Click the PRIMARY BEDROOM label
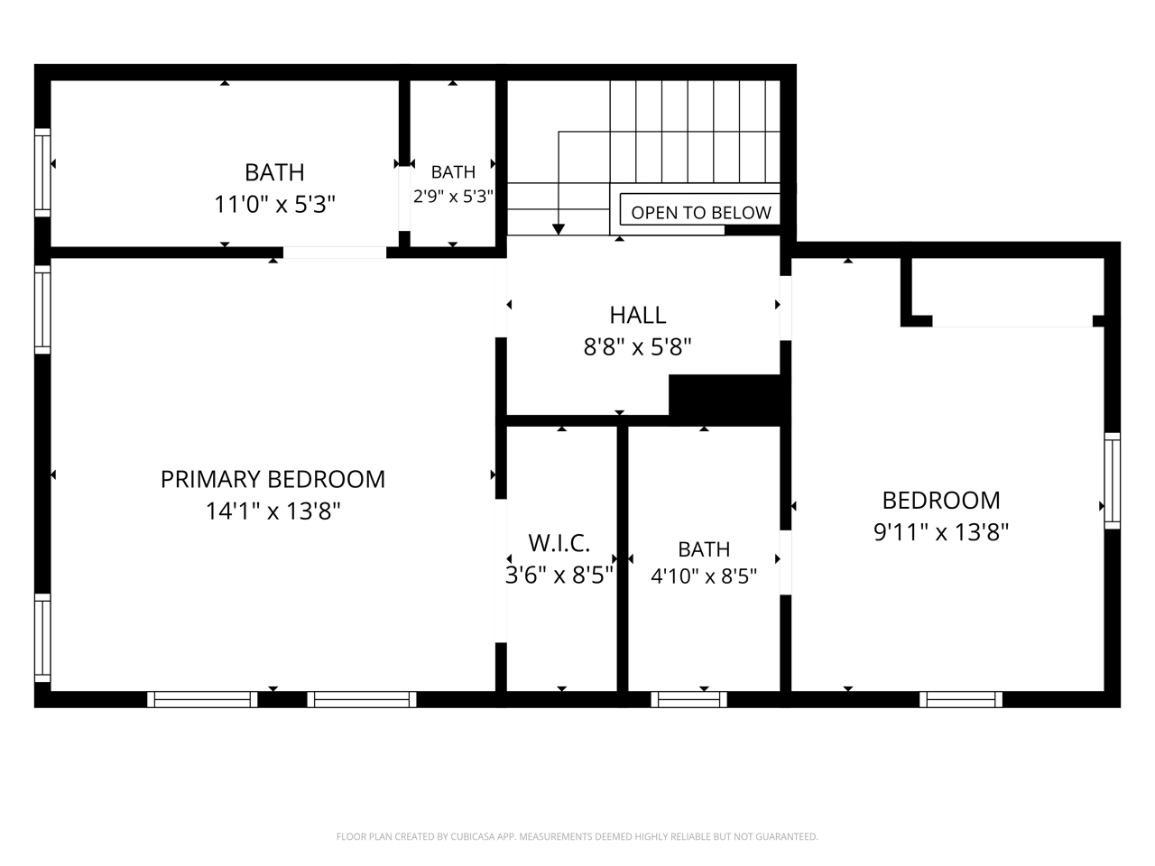(273, 479)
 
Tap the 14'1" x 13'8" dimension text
(273, 511)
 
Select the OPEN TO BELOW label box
(700, 209)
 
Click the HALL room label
(638, 315)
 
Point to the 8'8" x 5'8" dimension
(637, 347)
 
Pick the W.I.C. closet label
(559, 543)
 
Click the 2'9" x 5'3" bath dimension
(453, 197)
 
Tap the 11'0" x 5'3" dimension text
(274, 204)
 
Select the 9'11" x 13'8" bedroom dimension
(941, 531)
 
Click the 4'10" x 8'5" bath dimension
(704, 576)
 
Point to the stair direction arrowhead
(559, 229)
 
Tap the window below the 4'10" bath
(688, 699)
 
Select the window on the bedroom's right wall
(1112, 481)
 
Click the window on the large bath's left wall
(42, 172)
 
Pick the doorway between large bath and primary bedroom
(335, 253)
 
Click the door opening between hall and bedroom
(786, 309)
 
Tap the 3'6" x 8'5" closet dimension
(559, 576)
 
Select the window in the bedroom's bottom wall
(961, 699)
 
